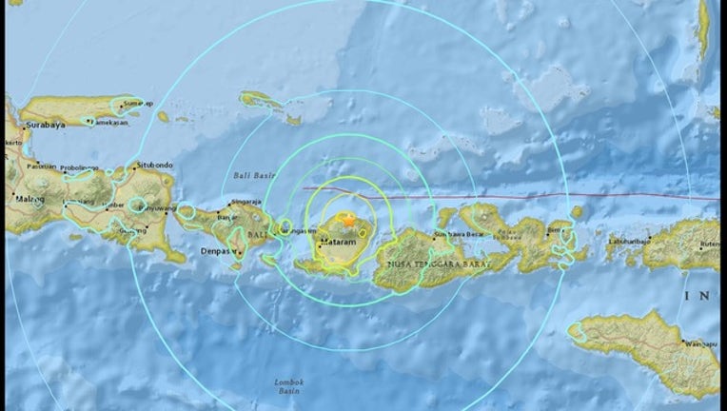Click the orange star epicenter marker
[348, 221]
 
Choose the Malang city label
[29, 200]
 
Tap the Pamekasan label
[108, 123]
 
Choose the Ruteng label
[709, 244]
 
